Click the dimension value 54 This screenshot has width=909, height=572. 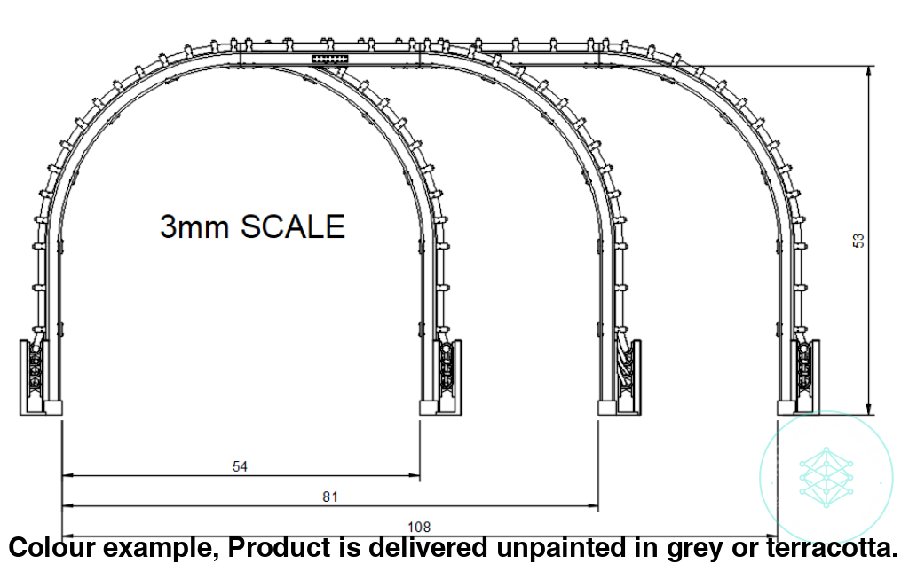[x=239, y=466]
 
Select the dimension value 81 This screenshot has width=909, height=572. [x=330, y=497]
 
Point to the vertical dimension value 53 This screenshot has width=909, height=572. [x=858, y=241]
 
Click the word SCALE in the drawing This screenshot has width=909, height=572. [x=293, y=227]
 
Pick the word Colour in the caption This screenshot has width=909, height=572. [x=54, y=547]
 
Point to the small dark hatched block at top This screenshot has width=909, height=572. [x=330, y=59]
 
